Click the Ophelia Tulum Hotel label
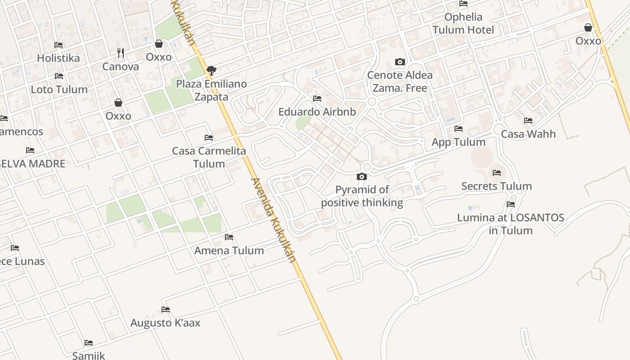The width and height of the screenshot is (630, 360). pos(463,23)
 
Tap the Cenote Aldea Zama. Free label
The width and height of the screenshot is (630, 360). pos(400,81)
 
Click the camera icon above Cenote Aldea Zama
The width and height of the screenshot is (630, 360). pos(400,62)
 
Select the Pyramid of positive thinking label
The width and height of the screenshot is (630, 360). pos(362,196)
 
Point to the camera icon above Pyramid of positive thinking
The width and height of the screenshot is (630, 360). pos(362,176)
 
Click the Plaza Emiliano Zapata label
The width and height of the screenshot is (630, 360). pos(211,90)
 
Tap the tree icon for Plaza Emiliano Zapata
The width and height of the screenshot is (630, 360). pos(211,70)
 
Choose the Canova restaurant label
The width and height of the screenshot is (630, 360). pos(121,67)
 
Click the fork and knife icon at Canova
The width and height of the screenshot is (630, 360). pos(121,53)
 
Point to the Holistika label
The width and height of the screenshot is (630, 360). pos(58,58)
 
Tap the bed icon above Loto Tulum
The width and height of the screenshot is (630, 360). pos(59,76)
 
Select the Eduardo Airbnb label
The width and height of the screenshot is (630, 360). pos(317,112)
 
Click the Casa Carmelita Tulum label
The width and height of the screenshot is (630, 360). pos(209,157)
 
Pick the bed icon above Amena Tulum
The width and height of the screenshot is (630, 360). pos(229,237)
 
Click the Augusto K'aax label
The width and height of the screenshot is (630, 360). pos(165,323)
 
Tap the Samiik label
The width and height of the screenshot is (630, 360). pos(89,355)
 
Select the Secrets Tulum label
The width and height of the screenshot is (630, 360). pos(496,186)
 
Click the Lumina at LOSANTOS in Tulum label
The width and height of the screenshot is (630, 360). pos(511,224)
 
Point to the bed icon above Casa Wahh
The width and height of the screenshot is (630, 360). pos(528,121)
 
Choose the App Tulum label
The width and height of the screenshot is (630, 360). pos(459,142)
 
